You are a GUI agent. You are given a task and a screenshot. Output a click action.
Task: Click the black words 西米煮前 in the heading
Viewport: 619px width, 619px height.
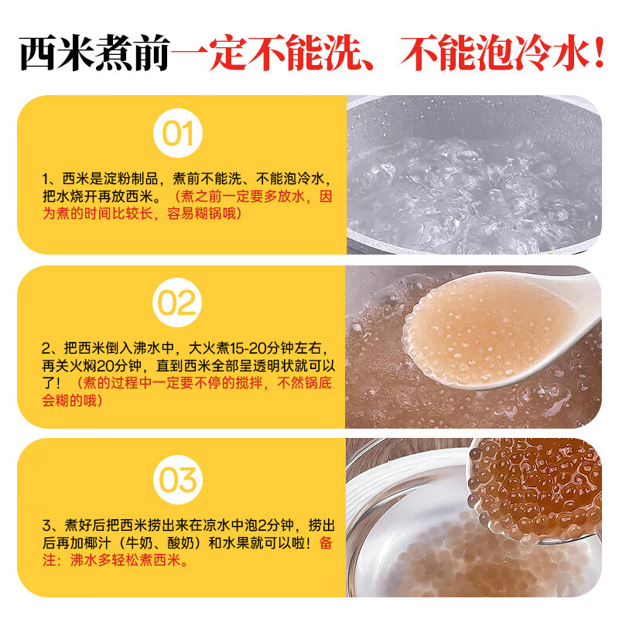[x=91, y=52]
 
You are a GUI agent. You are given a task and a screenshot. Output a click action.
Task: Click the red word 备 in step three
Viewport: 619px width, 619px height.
[x=325, y=543]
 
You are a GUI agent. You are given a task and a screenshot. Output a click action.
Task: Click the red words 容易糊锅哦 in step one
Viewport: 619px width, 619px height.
[x=204, y=213]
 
